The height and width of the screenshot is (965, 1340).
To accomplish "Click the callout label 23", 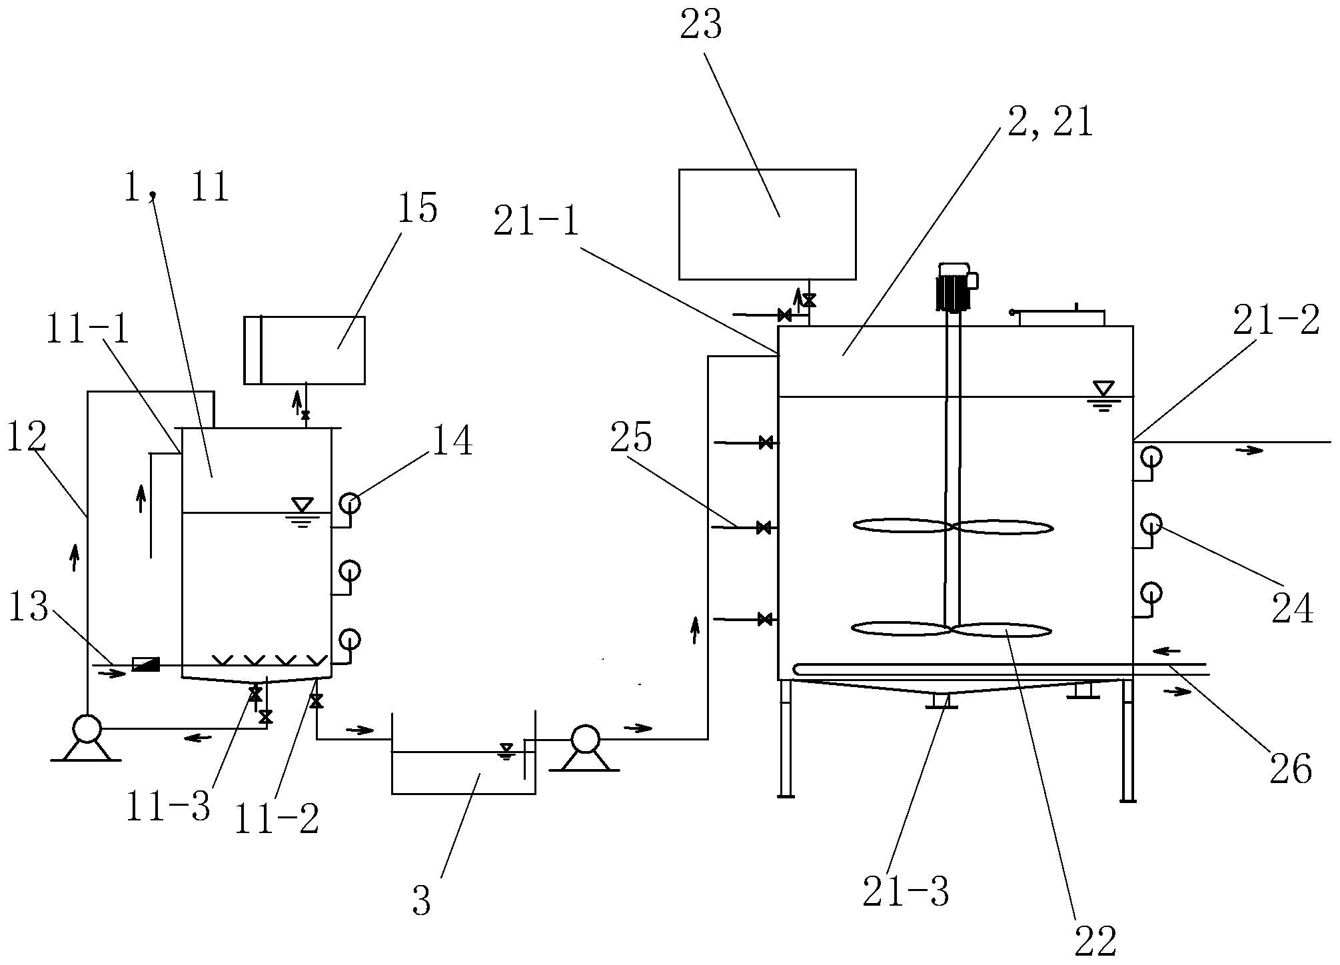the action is pos(701,25).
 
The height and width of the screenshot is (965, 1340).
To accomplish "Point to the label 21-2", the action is pos(1275,321).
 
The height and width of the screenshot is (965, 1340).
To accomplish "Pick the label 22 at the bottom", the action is pos(1095,942).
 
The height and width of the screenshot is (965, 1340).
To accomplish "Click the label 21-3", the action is pos(906,891).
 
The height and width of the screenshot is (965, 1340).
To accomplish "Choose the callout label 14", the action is pos(452,441).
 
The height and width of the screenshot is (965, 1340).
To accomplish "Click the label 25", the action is pos(632,438).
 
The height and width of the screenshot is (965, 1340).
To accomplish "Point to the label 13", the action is pos(28,608).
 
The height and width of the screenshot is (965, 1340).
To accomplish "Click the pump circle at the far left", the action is pos(87,728).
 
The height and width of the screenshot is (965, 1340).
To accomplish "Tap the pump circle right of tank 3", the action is pos(585,739).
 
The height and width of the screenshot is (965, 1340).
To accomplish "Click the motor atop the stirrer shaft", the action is pos(954,287).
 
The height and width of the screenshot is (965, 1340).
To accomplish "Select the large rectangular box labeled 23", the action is pos(767,224).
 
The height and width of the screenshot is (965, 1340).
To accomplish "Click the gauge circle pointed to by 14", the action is pos(349,503).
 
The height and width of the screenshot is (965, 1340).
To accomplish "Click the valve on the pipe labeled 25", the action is pos(764,528).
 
